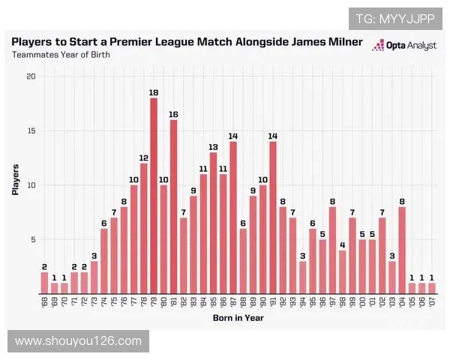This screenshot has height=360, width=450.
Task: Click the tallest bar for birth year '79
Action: click(154, 195)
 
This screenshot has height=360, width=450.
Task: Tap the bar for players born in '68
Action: click(44, 282)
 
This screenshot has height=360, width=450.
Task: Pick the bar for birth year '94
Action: click(302, 277)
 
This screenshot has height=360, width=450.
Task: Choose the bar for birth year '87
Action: click(233, 217)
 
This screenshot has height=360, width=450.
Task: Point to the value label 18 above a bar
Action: click(154, 92)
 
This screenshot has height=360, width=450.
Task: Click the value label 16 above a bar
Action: click(173, 114)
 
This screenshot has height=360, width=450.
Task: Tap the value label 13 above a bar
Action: click(213, 147)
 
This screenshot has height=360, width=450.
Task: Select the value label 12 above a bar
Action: click(143, 157)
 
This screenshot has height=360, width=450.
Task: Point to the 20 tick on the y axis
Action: click(30, 76)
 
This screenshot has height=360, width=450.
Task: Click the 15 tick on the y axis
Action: click(30, 131)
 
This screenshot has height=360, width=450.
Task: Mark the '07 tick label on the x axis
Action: click(431, 301)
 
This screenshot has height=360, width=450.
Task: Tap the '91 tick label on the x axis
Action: click(272, 301)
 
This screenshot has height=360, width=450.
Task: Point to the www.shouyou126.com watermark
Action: click(78, 341)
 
